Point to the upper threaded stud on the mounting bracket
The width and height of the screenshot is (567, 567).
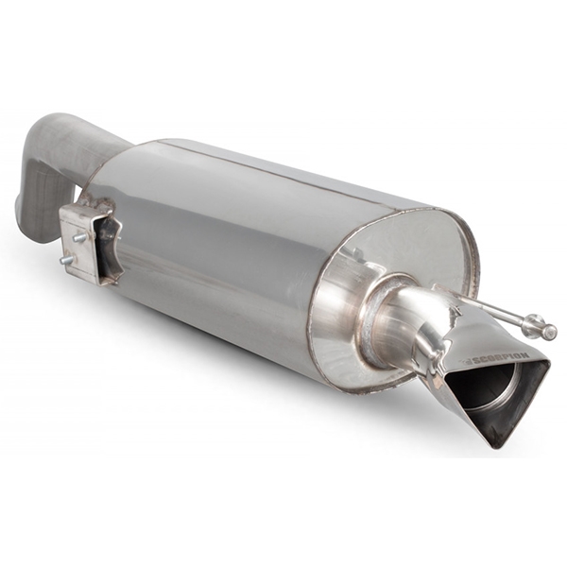point(79,237)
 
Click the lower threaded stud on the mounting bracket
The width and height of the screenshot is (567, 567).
point(66,260)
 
